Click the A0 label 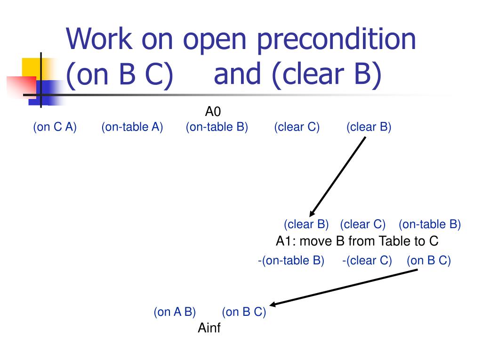tap(213, 112)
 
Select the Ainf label tap(209, 328)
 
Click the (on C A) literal tap(55, 127)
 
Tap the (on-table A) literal tap(132, 127)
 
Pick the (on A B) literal tap(175, 312)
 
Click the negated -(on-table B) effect tap(291, 261)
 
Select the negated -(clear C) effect tap(367, 261)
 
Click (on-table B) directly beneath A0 tap(217, 127)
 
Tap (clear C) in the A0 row tap(297, 127)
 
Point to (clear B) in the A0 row tap(369, 127)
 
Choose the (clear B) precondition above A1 tap(306, 224)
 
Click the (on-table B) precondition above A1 tap(429, 224)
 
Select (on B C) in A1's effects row tap(429, 261)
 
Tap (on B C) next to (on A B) tap(244, 312)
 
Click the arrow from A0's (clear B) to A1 tap(337, 176)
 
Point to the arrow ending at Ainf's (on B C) tap(344, 288)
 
